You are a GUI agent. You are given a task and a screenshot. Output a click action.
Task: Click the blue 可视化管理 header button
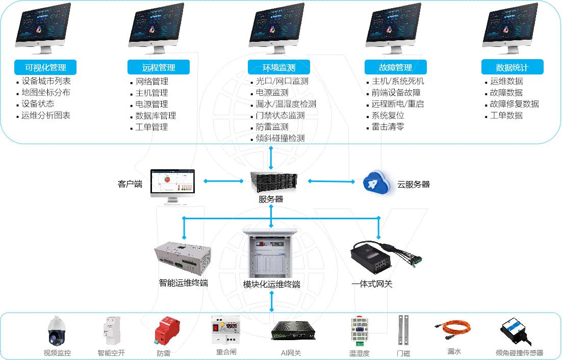coord(45,67)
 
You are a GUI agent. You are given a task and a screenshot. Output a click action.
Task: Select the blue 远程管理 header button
coord(158,67)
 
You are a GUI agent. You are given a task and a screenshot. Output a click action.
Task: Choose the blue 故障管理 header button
coord(395,67)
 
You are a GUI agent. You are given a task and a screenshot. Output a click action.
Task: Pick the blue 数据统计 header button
coord(512,67)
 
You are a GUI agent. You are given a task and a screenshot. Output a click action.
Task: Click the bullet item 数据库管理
coord(156,116)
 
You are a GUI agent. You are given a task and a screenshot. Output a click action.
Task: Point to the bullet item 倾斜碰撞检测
coord(280,138)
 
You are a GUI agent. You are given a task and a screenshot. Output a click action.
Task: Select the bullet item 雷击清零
coord(388,127)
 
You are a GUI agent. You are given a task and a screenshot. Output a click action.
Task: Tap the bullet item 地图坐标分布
coord(46,92)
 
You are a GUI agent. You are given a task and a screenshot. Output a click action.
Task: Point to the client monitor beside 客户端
coord(172,186)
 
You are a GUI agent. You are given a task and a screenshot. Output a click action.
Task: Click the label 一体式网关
coord(372,284)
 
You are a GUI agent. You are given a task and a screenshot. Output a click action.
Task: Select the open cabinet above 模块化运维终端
coord(271,253)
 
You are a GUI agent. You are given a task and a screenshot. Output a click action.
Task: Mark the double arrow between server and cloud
coord(331,181)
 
